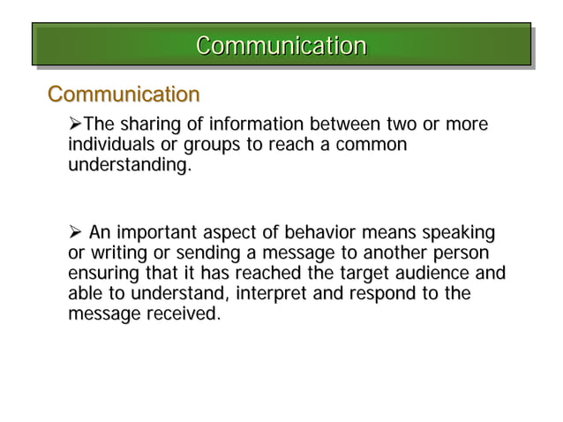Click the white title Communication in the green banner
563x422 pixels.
point(281,45)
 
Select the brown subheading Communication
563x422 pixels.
point(124,94)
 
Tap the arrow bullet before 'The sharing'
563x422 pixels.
point(75,124)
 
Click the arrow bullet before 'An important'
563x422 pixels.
point(75,233)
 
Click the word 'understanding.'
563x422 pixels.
point(129,165)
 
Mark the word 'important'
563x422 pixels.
point(157,233)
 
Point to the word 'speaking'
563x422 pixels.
point(458,233)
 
